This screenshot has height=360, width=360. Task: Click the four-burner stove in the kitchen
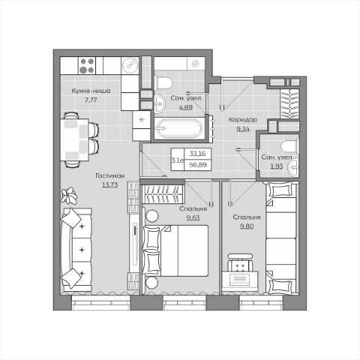[x=87, y=65]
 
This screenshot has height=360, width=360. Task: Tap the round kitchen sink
[x=130, y=64]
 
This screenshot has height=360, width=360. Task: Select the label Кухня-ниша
[x=91, y=91]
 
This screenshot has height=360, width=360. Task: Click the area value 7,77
[x=91, y=100]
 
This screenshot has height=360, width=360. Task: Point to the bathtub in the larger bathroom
[x=180, y=128]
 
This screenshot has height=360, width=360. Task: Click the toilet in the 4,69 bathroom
[x=163, y=82]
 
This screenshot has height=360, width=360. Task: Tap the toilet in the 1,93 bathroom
[x=290, y=145]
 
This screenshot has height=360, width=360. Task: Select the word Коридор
[x=243, y=120]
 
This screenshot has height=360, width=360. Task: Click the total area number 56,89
[x=198, y=165]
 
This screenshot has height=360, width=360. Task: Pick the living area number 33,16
[x=198, y=154]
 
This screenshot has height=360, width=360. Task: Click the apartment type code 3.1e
[x=178, y=160]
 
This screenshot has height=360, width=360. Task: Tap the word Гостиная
[x=110, y=175]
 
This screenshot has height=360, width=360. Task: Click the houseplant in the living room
[x=69, y=195]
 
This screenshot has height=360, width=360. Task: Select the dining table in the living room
[x=75, y=139]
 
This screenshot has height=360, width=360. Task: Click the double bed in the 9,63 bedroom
[x=175, y=250]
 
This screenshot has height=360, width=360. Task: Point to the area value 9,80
[x=247, y=226]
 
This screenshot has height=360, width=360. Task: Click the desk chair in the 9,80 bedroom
[x=240, y=263]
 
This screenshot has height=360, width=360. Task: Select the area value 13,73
[x=110, y=185]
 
